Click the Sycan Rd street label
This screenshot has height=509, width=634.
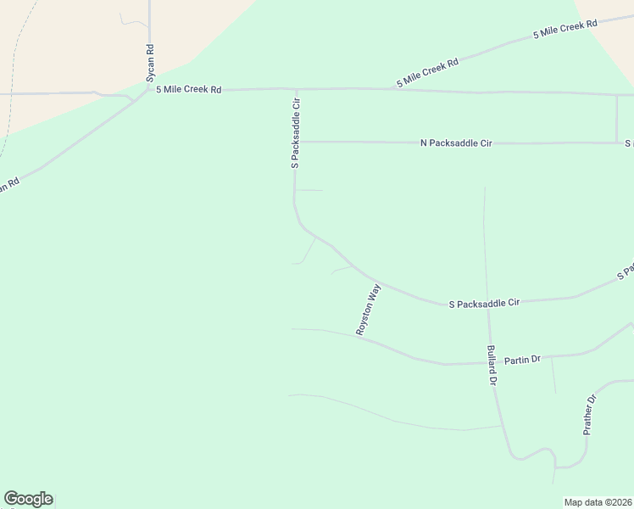[150, 63]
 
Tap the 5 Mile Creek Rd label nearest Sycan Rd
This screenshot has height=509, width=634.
[188, 89]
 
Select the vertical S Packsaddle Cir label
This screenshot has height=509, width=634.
[296, 132]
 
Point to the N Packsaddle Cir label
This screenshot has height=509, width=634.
[456, 143]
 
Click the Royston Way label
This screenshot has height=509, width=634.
[369, 310]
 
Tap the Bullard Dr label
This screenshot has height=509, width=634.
[491, 366]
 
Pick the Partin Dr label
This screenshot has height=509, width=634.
[522, 360]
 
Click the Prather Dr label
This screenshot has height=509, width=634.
[591, 415]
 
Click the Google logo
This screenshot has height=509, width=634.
[28, 499]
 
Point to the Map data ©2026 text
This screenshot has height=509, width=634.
[598, 502]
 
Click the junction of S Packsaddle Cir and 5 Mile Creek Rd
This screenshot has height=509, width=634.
[296, 88]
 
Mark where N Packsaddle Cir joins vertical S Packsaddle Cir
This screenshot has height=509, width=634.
[296, 142]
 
